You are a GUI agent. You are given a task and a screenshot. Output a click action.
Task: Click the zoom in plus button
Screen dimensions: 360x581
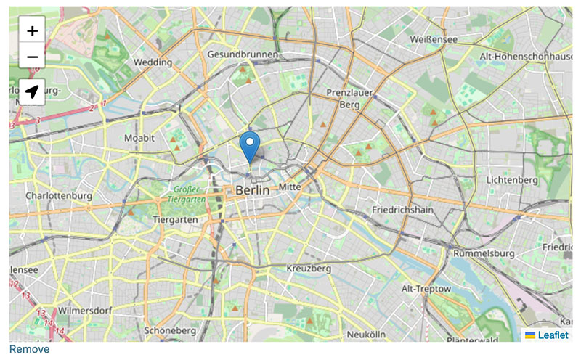point(32,31)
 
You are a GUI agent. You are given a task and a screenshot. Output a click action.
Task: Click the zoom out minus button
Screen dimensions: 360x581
point(32,57)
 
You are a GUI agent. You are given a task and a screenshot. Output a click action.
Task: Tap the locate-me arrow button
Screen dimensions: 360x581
point(32,92)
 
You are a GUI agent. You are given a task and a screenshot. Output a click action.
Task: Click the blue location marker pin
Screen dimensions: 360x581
point(249,147)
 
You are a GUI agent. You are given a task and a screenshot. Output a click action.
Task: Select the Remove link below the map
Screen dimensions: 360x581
point(29,350)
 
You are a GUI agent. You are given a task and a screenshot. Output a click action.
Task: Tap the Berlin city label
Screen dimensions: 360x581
point(252,189)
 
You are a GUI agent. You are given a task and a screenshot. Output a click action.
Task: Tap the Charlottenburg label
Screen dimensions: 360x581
point(59,196)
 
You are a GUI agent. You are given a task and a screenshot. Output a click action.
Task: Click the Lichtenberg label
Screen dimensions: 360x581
point(512,179)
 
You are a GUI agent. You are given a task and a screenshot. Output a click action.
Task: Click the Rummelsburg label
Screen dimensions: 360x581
point(483,254)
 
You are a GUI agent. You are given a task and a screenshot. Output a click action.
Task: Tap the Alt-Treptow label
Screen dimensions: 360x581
point(426,289)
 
